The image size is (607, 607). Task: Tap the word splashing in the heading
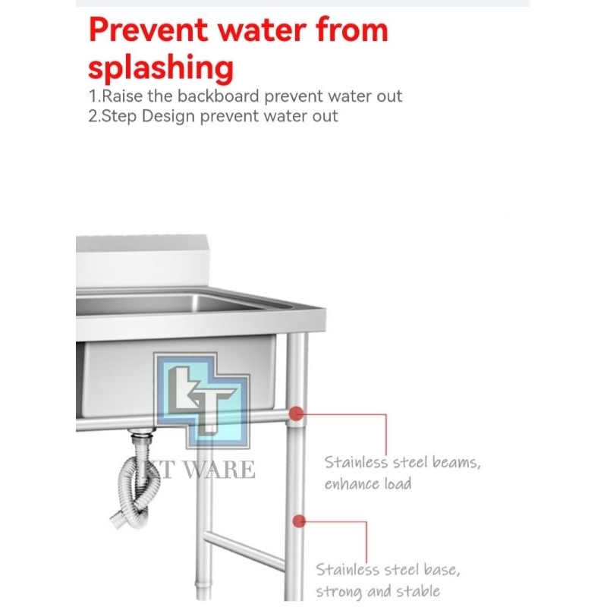pos(161,68)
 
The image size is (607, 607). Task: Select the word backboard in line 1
pos(218,96)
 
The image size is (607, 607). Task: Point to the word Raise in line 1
pos(122,96)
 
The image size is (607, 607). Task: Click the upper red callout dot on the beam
pos(297,414)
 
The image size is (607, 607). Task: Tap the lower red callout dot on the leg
pos(298,521)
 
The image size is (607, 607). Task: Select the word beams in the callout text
pos(457,462)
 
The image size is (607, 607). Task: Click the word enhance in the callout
pos(351,484)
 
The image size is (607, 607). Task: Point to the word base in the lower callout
pos(442,570)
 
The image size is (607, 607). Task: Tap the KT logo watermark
pos(202,401)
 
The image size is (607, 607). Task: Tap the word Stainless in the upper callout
pos(355,462)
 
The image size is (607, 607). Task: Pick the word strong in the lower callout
pos(338,592)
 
